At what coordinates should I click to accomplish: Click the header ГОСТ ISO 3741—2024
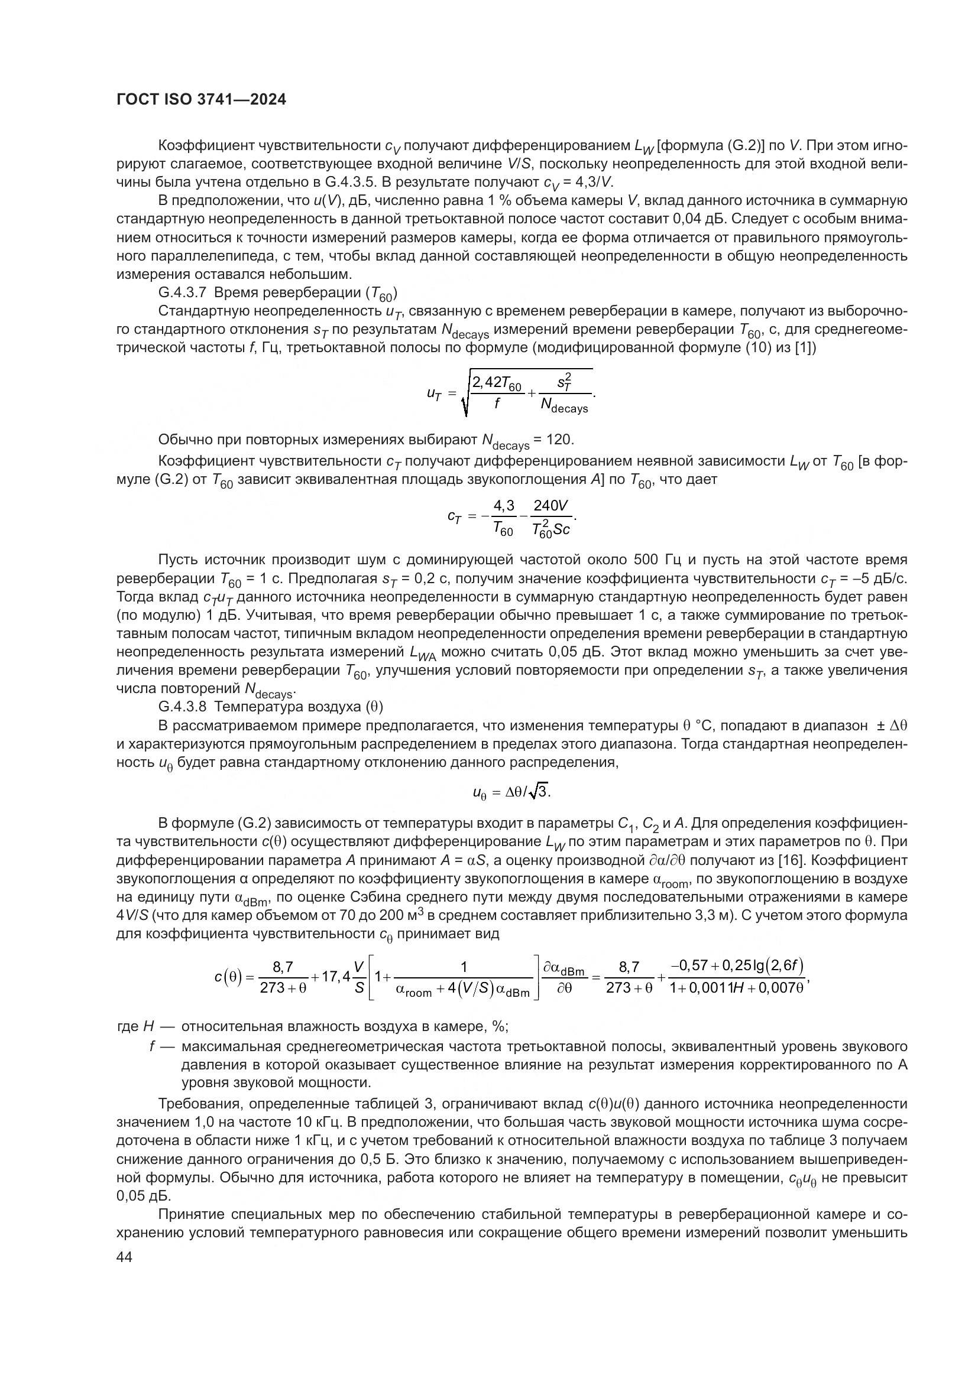click(x=201, y=100)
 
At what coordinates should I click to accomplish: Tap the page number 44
click(x=124, y=1257)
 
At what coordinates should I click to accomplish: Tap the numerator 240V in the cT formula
click(x=551, y=505)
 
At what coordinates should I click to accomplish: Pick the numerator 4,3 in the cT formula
click(x=503, y=505)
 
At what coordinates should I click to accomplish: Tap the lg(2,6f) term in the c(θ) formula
click(x=777, y=966)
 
